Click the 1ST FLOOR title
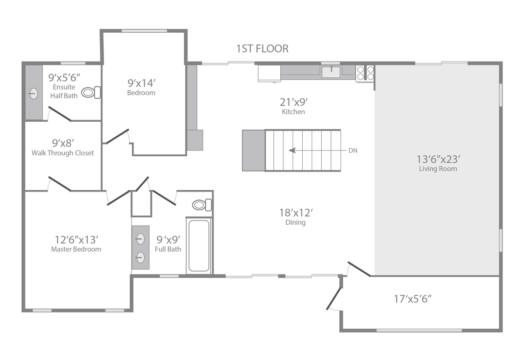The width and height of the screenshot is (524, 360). coord(262,49)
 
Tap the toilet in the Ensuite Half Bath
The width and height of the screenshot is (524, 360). coord(91,93)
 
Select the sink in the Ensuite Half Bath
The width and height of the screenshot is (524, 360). coord(34,94)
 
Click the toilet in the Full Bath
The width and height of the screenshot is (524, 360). coord(202,205)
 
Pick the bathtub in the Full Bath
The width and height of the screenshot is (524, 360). coord(199,246)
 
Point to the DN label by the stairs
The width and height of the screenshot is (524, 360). coord(353,151)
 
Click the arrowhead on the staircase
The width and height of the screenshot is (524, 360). coord(292,151)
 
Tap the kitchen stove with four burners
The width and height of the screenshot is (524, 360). coord(365,73)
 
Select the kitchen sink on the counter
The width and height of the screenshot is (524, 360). coord(331,72)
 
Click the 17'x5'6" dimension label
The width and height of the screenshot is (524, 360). coord(413,299)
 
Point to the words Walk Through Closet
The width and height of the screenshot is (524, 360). coord(62,153)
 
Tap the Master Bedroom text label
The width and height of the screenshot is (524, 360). coord(76,249)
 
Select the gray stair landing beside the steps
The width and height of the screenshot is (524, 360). coord(254,151)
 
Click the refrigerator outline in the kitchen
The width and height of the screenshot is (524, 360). coord(269,73)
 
